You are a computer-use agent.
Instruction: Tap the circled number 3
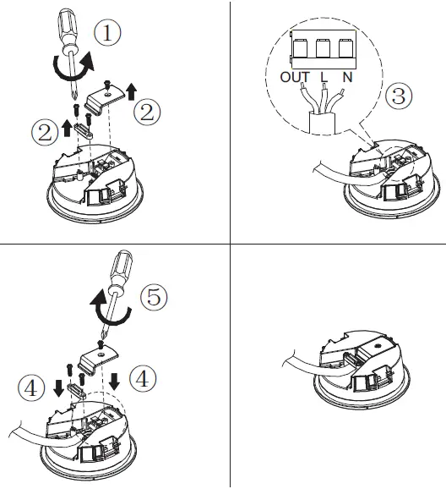399,96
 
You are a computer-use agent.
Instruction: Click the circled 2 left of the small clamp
43,132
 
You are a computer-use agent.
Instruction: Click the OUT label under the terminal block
293,78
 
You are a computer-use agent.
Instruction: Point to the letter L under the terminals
324,78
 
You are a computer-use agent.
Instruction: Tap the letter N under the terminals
346,78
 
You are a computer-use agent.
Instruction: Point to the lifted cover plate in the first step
106,100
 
